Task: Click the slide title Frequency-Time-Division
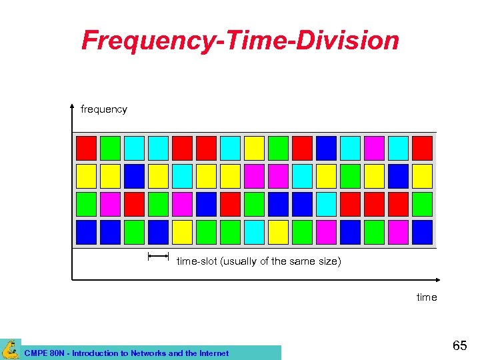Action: point(240,40)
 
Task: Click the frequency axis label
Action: point(103,109)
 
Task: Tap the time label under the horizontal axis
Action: point(427,297)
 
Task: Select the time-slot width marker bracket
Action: point(158,255)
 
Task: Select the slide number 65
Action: point(459,346)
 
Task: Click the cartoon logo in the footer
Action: point(11,349)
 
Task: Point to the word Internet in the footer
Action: point(211,353)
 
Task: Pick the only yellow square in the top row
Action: point(254,148)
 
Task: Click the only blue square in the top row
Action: point(326,148)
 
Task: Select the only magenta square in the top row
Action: point(374,148)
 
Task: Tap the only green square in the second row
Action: point(350,176)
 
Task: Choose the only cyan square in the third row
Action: point(326,204)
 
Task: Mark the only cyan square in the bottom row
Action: point(254,232)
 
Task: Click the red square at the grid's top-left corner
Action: point(86,148)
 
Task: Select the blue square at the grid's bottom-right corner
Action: point(422,232)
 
